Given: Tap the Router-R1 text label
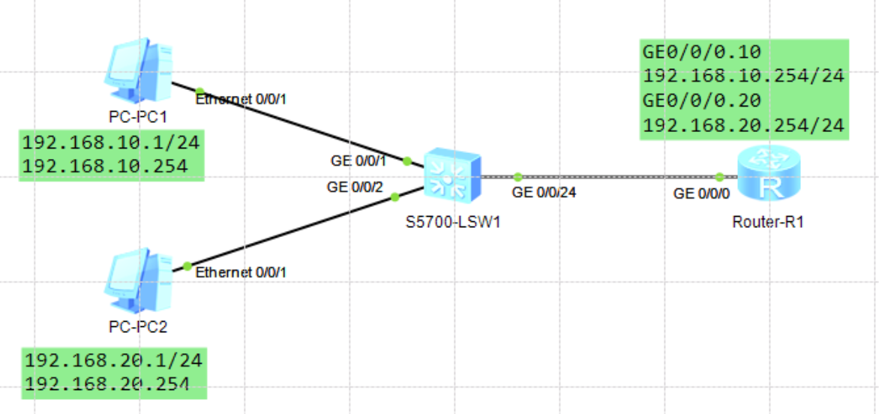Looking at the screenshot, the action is pyautogui.click(x=768, y=222).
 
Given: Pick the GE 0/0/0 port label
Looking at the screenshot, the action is pyautogui.click(x=702, y=193).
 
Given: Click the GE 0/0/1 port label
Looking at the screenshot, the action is pyautogui.click(x=358, y=160).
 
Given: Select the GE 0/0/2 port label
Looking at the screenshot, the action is pyautogui.click(x=355, y=187).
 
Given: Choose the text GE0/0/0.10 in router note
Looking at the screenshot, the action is pyautogui.click(x=702, y=52).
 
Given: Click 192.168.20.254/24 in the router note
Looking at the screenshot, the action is pyautogui.click(x=744, y=125).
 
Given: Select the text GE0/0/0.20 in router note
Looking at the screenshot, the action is pyautogui.click(x=702, y=100).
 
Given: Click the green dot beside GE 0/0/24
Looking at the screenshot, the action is pyautogui.click(x=517, y=177).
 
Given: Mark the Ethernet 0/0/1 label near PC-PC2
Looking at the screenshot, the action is pyautogui.click(x=241, y=273).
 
